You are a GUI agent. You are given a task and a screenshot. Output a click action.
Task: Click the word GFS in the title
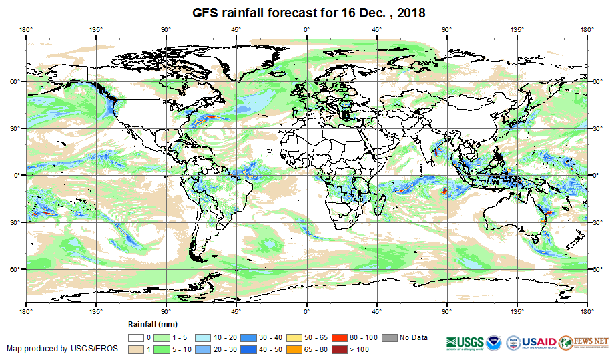click(206, 13)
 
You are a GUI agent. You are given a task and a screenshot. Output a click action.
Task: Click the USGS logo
click(465, 341)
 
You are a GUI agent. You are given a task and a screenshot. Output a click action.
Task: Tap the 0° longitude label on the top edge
click(306, 29)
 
